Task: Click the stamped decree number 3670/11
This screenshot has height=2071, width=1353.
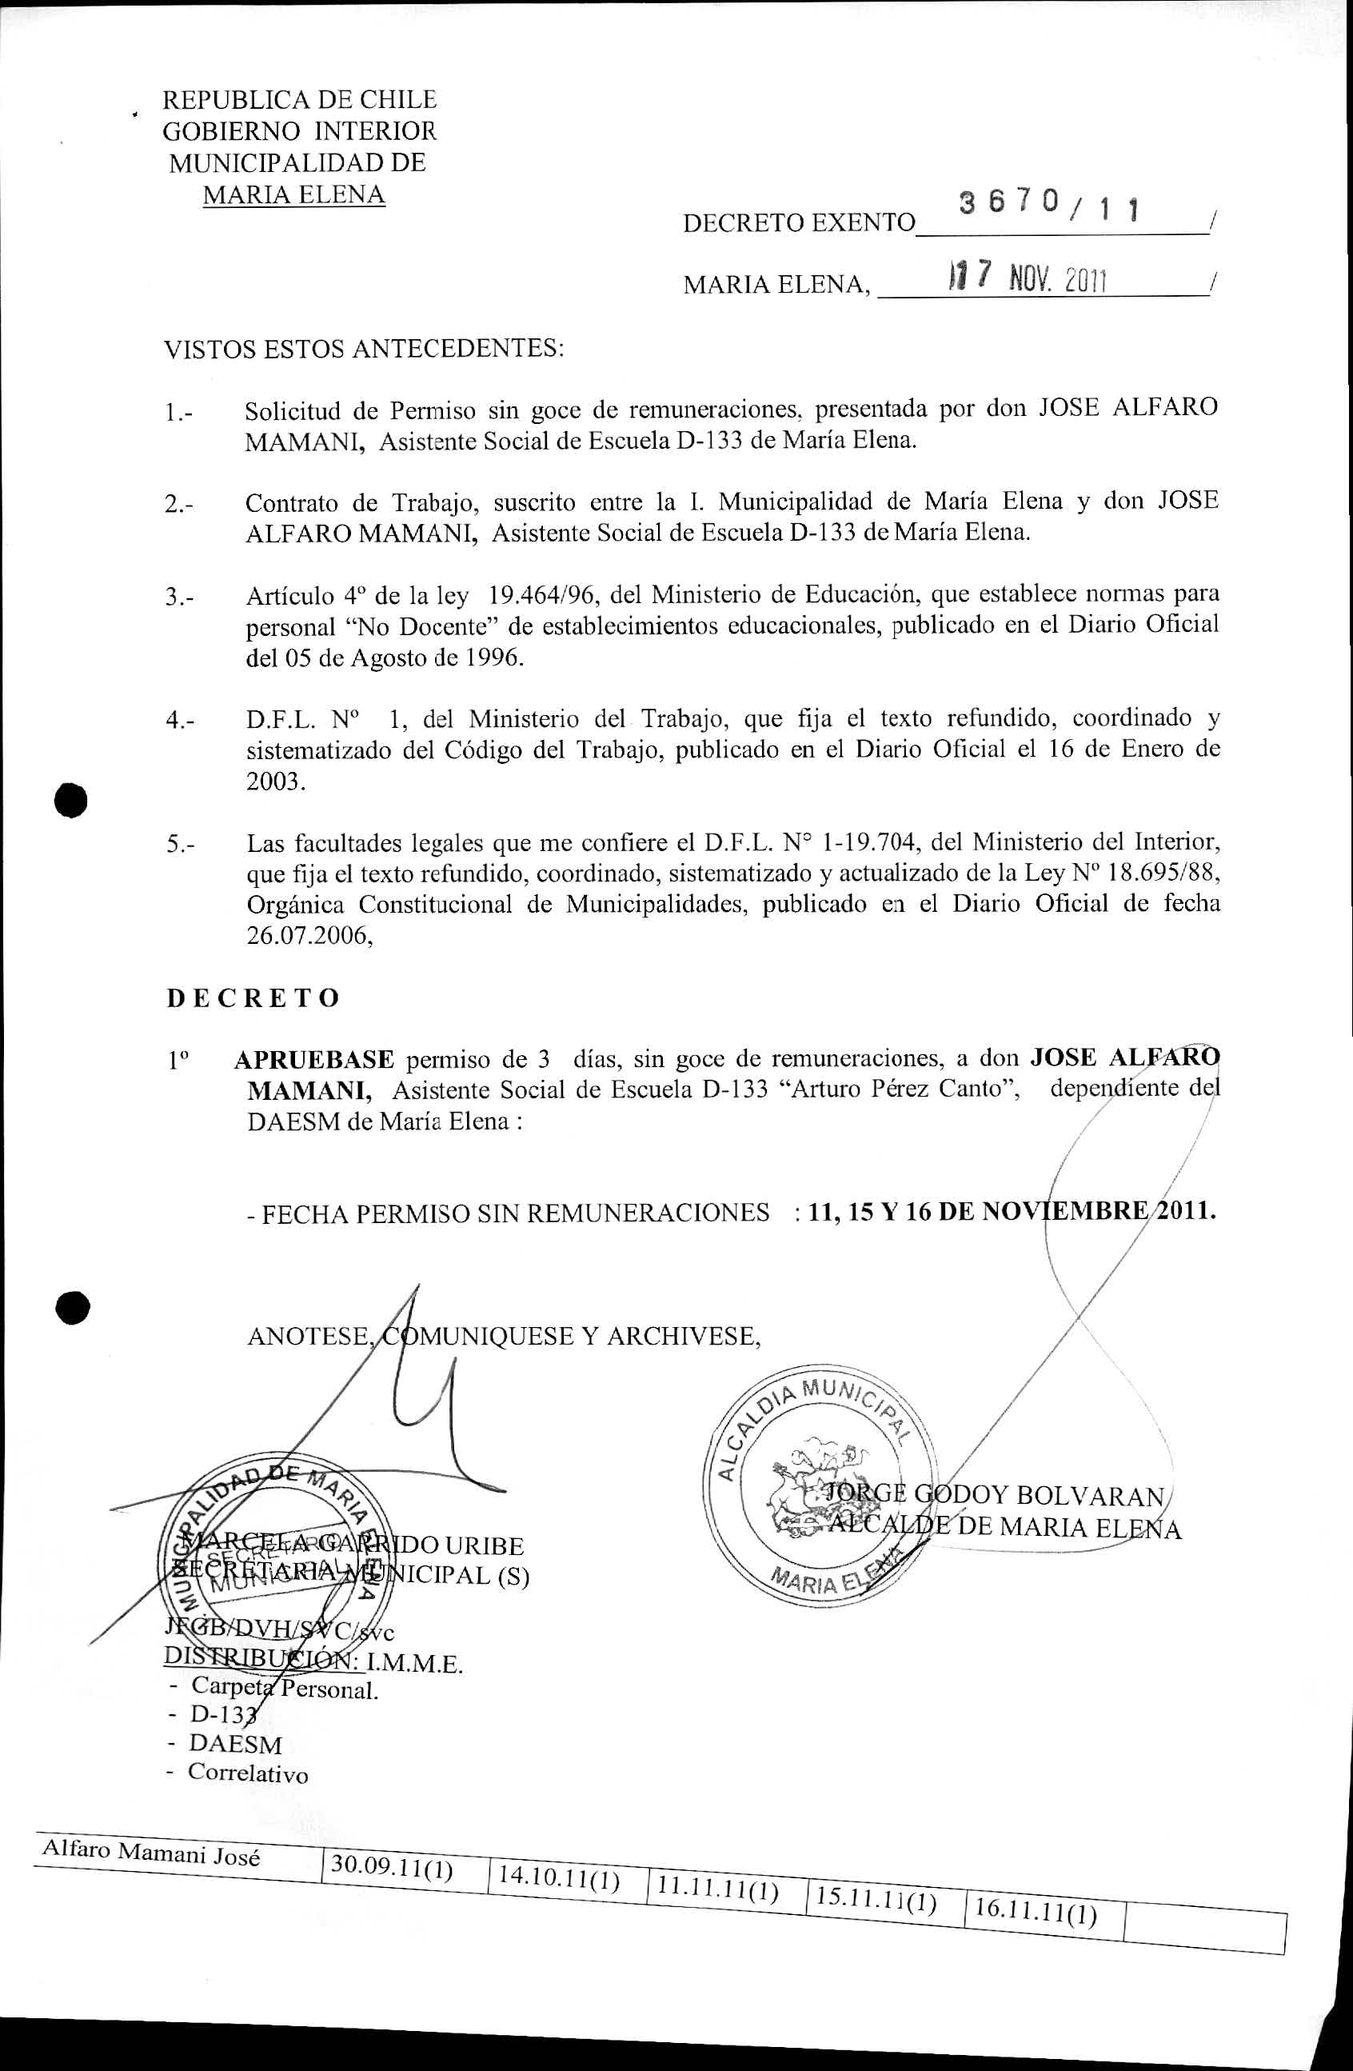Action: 1048,206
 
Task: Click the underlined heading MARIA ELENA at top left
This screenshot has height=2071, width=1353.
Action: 293,194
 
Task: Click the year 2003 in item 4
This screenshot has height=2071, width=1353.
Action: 276,781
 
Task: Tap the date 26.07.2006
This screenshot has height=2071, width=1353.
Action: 309,935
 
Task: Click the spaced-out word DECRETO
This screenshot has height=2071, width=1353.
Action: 253,998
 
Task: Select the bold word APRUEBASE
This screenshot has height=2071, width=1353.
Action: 314,1059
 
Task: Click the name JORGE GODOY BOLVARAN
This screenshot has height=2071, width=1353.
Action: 992,1495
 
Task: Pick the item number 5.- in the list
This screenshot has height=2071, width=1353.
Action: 180,844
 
